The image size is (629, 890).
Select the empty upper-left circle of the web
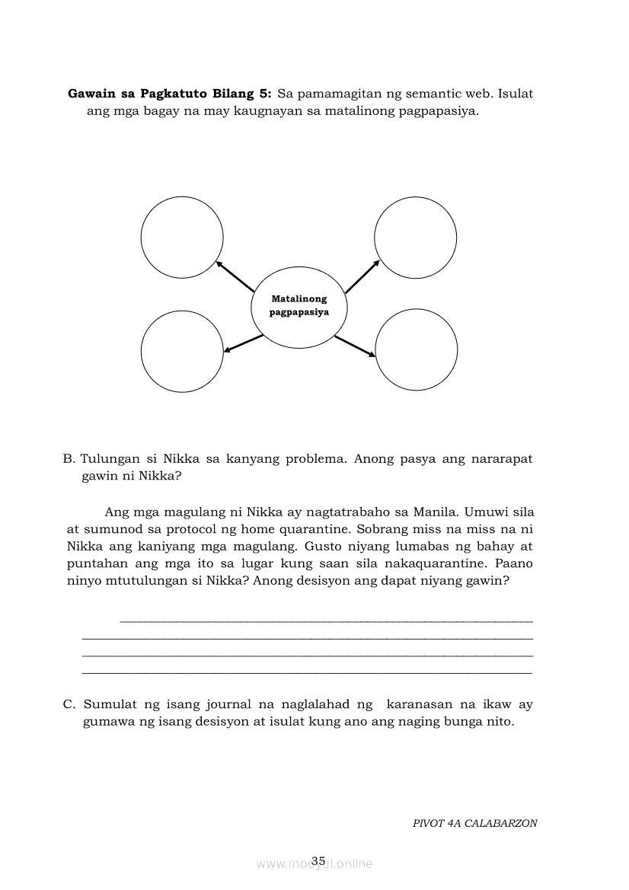tap(182, 237)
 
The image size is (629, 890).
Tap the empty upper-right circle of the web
tap(416, 237)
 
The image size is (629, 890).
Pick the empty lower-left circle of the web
tap(181, 350)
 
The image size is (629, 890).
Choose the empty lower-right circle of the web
tap(417, 350)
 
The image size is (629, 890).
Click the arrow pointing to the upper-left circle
tap(235, 277)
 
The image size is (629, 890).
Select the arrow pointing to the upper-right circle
tap(362, 276)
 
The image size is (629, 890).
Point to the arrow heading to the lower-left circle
tap(244, 344)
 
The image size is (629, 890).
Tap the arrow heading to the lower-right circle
tap(355, 346)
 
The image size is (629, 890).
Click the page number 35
tap(318, 861)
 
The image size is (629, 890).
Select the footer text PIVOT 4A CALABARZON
tap(475, 823)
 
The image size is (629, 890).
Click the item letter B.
tap(69, 459)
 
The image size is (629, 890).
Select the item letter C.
tap(69, 704)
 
